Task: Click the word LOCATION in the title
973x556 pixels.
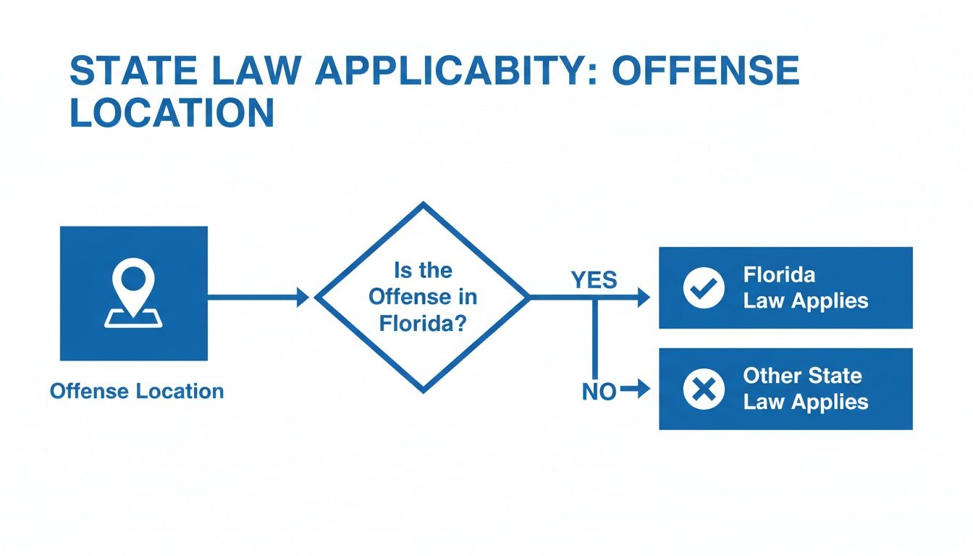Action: (x=172, y=114)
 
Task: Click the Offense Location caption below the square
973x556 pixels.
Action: (x=137, y=392)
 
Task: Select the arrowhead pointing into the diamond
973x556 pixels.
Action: (x=303, y=298)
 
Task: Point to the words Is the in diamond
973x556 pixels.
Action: (x=423, y=271)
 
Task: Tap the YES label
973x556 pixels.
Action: (x=594, y=280)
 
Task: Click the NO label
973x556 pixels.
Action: (x=599, y=392)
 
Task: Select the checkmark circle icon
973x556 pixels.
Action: (x=703, y=287)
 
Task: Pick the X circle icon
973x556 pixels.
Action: (x=703, y=390)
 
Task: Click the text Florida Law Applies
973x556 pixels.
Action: (x=805, y=287)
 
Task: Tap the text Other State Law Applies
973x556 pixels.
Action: (x=805, y=389)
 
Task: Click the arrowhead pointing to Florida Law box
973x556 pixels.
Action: (x=644, y=298)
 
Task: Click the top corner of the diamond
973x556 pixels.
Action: (x=423, y=205)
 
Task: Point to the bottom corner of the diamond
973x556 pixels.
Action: (x=423, y=391)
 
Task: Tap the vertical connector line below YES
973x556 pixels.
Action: (x=594, y=340)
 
